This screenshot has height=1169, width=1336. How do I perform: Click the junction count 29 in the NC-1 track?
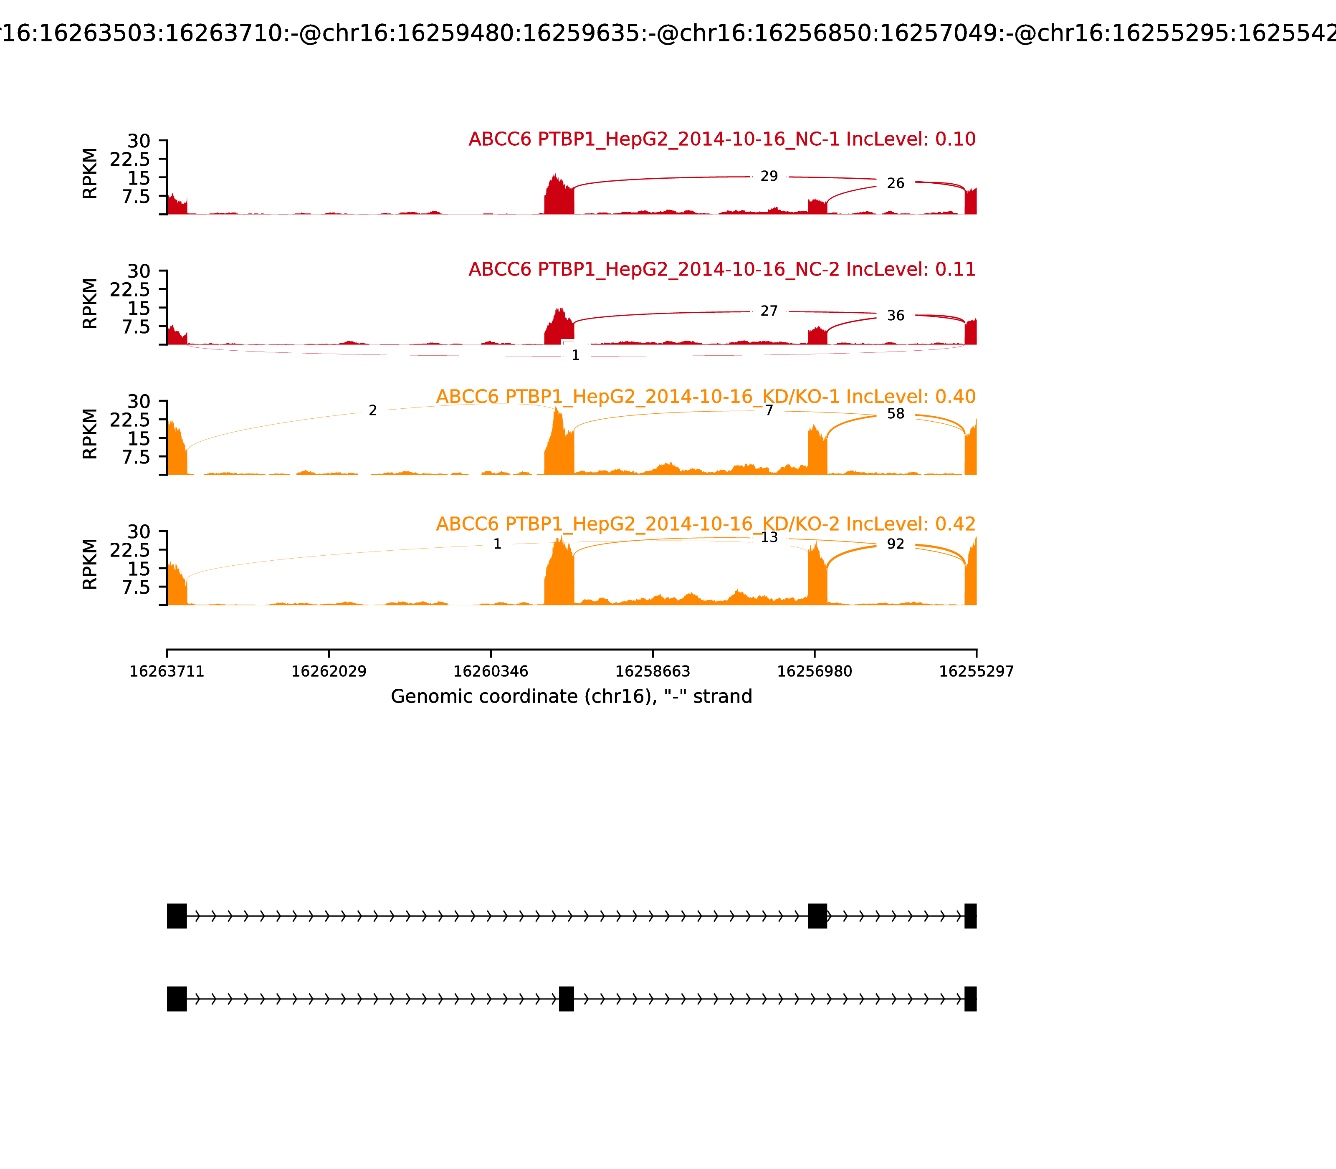tap(769, 176)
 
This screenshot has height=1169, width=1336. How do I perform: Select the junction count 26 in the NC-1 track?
tap(896, 183)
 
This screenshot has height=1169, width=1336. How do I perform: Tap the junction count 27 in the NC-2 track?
tap(769, 311)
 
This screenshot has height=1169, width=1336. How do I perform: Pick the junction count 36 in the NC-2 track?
tap(896, 316)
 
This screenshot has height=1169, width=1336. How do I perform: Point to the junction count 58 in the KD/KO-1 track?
tap(896, 414)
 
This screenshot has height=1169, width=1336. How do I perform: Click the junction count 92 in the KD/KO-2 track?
tap(896, 544)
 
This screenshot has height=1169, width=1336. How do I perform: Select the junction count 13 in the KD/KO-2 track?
tap(769, 538)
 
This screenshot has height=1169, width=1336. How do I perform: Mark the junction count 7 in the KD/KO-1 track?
tap(769, 410)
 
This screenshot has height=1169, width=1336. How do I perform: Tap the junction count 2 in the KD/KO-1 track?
tap(372, 410)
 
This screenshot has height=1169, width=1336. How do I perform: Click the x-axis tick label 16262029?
tap(329, 672)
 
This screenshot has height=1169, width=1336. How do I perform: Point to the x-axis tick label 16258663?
tap(652, 672)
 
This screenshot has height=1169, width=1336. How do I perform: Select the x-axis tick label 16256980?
tap(814, 672)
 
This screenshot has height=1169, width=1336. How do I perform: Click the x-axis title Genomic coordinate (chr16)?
tap(572, 697)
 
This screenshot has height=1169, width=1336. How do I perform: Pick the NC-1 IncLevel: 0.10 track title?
tap(721, 139)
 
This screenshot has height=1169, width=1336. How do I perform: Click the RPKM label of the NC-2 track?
tap(90, 304)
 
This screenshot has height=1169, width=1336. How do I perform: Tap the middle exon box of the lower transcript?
tap(566, 999)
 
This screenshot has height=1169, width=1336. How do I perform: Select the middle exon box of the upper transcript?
tap(817, 916)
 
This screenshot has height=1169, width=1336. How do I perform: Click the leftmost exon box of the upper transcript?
tap(177, 916)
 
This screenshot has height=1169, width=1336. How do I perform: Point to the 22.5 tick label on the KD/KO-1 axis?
tap(130, 420)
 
